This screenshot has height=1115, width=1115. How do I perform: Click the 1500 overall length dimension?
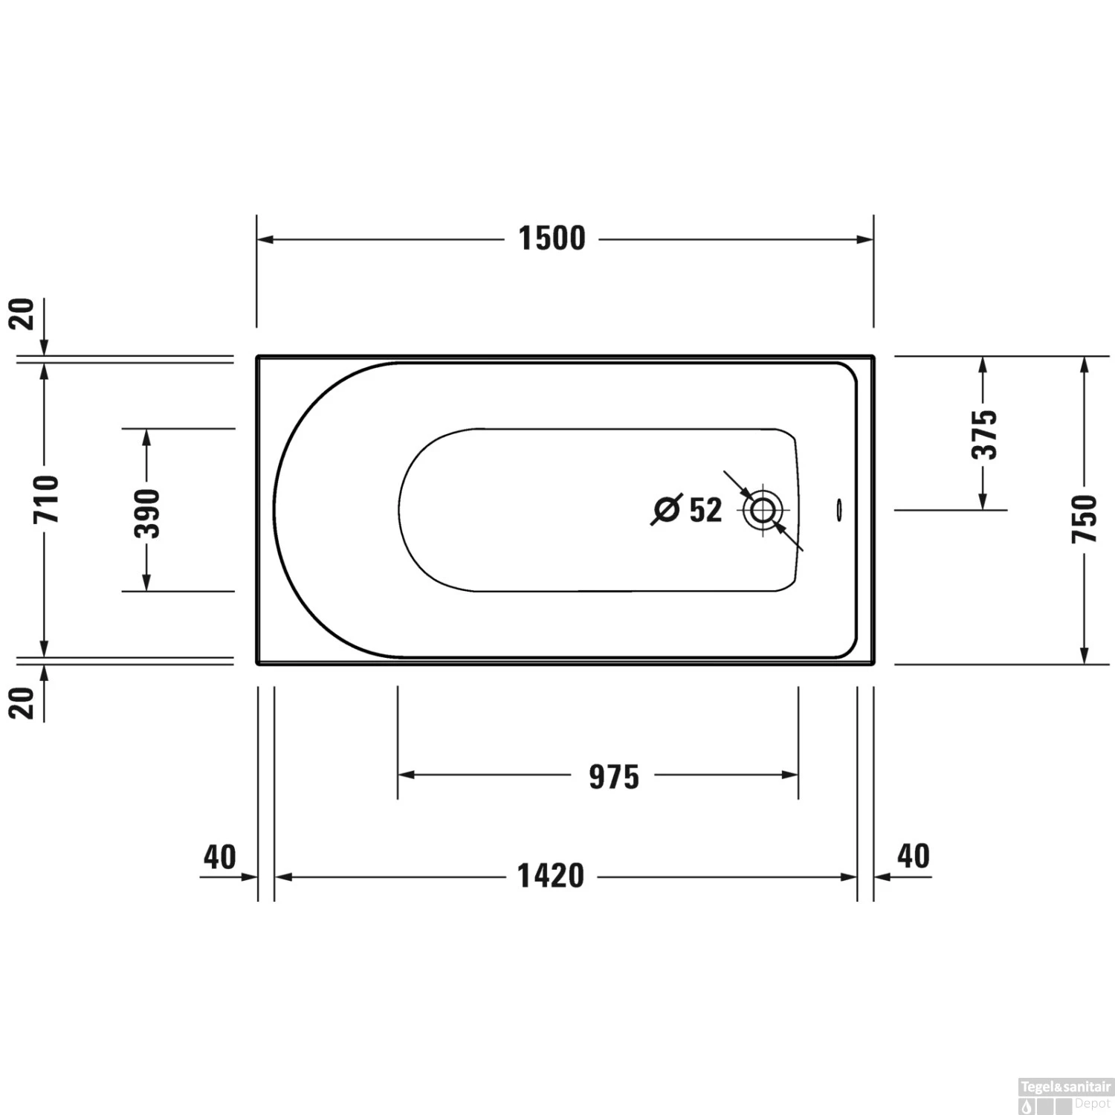(x=552, y=239)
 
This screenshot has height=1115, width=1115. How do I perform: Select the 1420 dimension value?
(x=551, y=876)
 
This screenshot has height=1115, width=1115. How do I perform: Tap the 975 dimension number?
(x=614, y=777)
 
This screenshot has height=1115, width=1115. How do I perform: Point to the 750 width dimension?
(x=1085, y=517)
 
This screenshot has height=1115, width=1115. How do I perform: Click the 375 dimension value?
(x=984, y=434)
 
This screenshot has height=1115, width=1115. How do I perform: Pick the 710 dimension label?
(x=46, y=498)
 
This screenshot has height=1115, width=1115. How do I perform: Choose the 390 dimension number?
(x=147, y=513)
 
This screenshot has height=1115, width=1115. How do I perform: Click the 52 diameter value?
(x=705, y=510)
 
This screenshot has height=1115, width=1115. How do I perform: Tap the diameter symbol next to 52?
(x=666, y=509)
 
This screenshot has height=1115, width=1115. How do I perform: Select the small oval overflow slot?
(x=839, y=509)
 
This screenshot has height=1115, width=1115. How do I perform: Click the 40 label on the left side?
(x=220, y=857)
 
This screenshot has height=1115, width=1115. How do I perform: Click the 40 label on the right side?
(x=914, y=856)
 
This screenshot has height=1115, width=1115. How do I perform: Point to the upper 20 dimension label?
(x=23, y=314)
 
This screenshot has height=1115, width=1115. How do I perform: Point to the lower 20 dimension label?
(x=23, y=702)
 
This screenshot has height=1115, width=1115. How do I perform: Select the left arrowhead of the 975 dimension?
(x=406, y=775)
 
